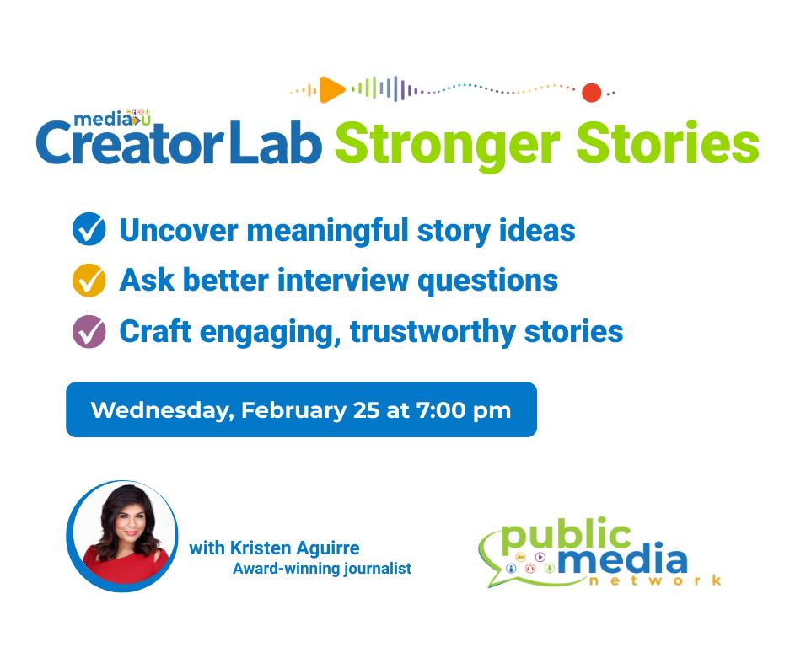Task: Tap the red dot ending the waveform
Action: click(x=592, y=93)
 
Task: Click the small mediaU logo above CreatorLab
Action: click(x=112, y=118)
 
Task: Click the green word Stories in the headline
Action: click(x=668, y=142)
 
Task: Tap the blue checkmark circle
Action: click(x=89, y=229)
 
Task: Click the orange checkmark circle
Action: click(x=89, y=280)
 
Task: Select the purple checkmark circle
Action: click(x=89, y=331)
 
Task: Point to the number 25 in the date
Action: click(x=366, y=410)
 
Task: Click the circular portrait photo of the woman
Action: click(x=122, y=536)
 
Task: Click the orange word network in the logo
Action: click(x=655, y=580)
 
